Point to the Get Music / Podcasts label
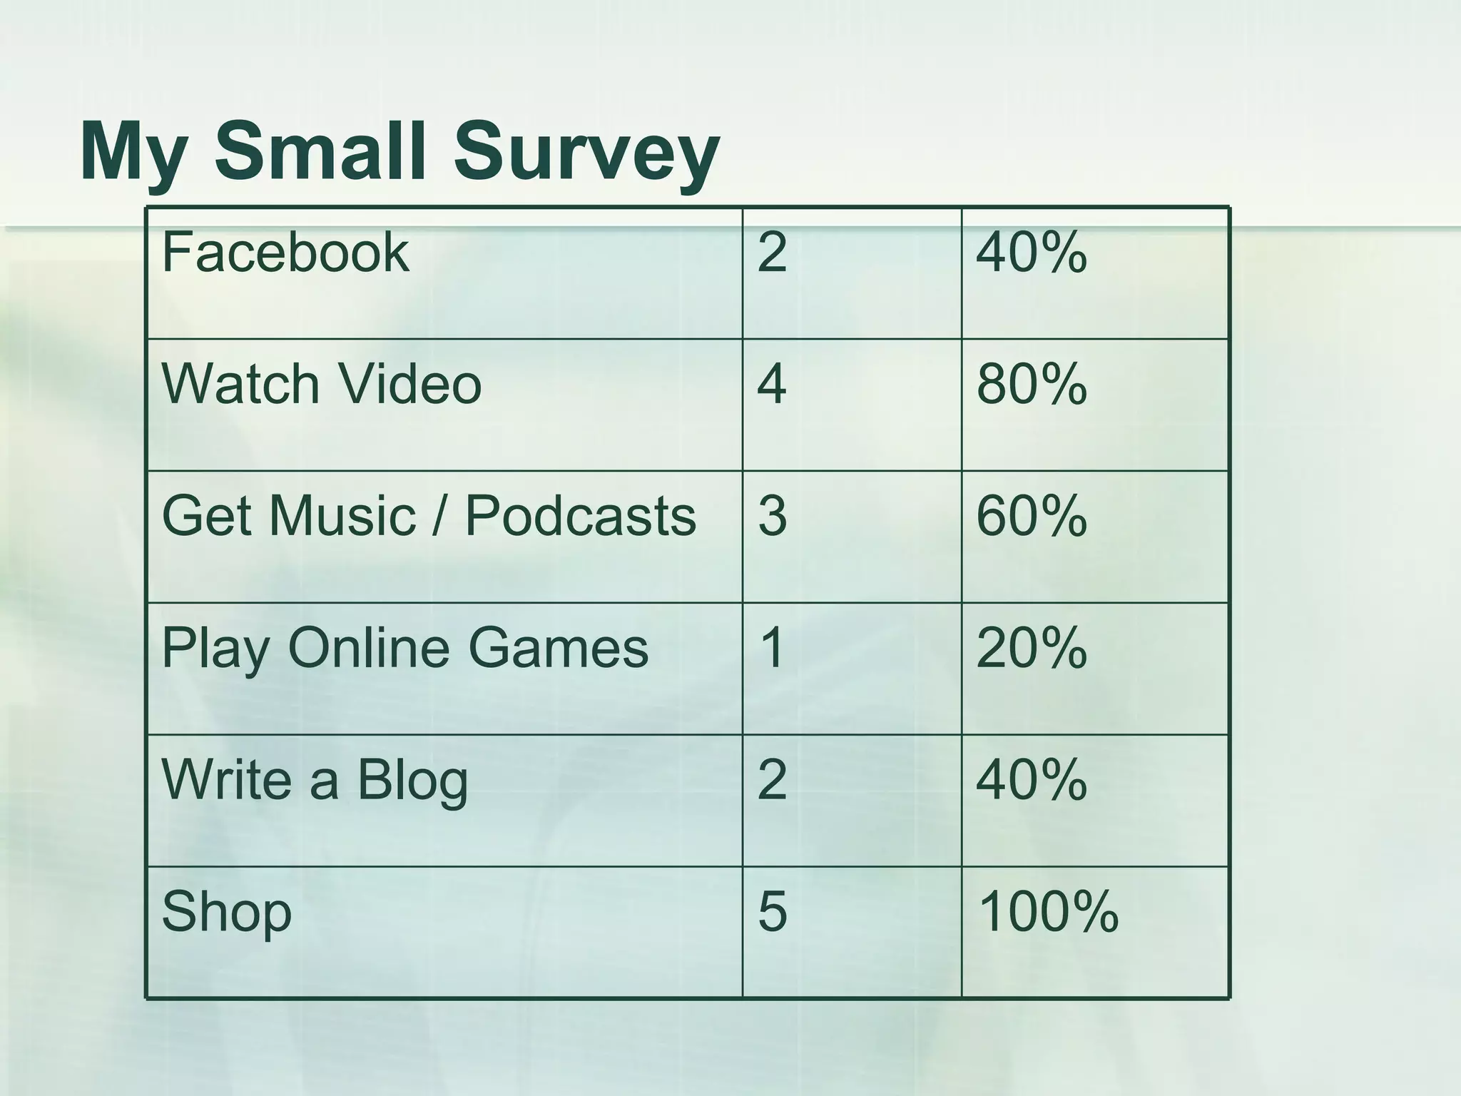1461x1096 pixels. pos(429,515)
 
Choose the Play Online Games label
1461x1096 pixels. pos(405,649)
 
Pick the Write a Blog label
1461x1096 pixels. pos(315,779)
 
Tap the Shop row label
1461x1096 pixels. pos(227,912)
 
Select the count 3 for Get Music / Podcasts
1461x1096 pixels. pos(772,515)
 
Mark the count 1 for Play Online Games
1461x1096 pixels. pos(772,648)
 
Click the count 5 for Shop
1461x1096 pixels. pos(772,911)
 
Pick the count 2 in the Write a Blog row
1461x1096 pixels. pos(772,779)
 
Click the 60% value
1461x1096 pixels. pos(1031,515)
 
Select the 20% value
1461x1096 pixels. pos(1031,648)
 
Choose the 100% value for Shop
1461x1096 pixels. pos(1047,911)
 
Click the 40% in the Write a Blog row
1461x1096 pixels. pos(1031,779)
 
